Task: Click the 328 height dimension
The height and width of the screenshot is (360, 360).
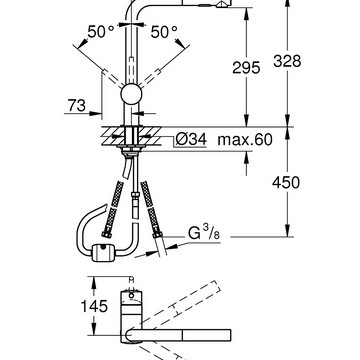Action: tap(287, 61)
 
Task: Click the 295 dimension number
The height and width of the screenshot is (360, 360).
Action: tap(246, 68)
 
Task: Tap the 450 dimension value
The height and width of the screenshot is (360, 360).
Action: tap(286, 183)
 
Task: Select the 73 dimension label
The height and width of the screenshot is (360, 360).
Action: tap(77, 106)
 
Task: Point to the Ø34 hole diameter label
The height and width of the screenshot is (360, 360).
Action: tap(191, 139)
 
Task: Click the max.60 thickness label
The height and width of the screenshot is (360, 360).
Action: tap(245, 139)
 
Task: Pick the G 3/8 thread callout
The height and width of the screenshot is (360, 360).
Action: tap(204, 233)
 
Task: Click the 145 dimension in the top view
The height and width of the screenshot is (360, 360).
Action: tap(94, 306)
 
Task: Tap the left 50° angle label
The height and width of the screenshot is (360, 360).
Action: tap(101, 32)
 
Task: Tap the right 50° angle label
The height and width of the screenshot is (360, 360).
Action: tap(164, 32)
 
